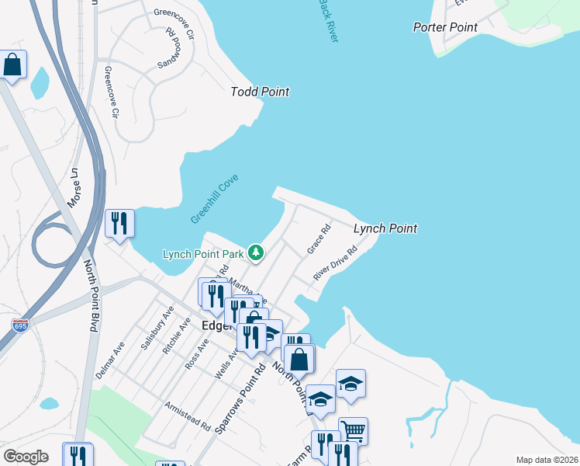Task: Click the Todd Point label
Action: coord(260,92)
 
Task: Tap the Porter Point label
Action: coord(445,27)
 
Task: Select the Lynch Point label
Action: coord(385,228)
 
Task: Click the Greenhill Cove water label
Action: coord(215,200)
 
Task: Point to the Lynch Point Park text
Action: coord(204,253)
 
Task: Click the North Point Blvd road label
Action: coord(91,296)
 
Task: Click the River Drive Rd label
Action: coord(335,264)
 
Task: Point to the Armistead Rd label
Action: coord(188,416)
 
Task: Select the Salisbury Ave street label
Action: coord(152,332)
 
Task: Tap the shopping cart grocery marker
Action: coord(353,431)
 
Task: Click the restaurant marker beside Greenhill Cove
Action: coord(119,223)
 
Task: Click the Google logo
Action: coord(26,457)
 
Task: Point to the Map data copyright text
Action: coord(547,460)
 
